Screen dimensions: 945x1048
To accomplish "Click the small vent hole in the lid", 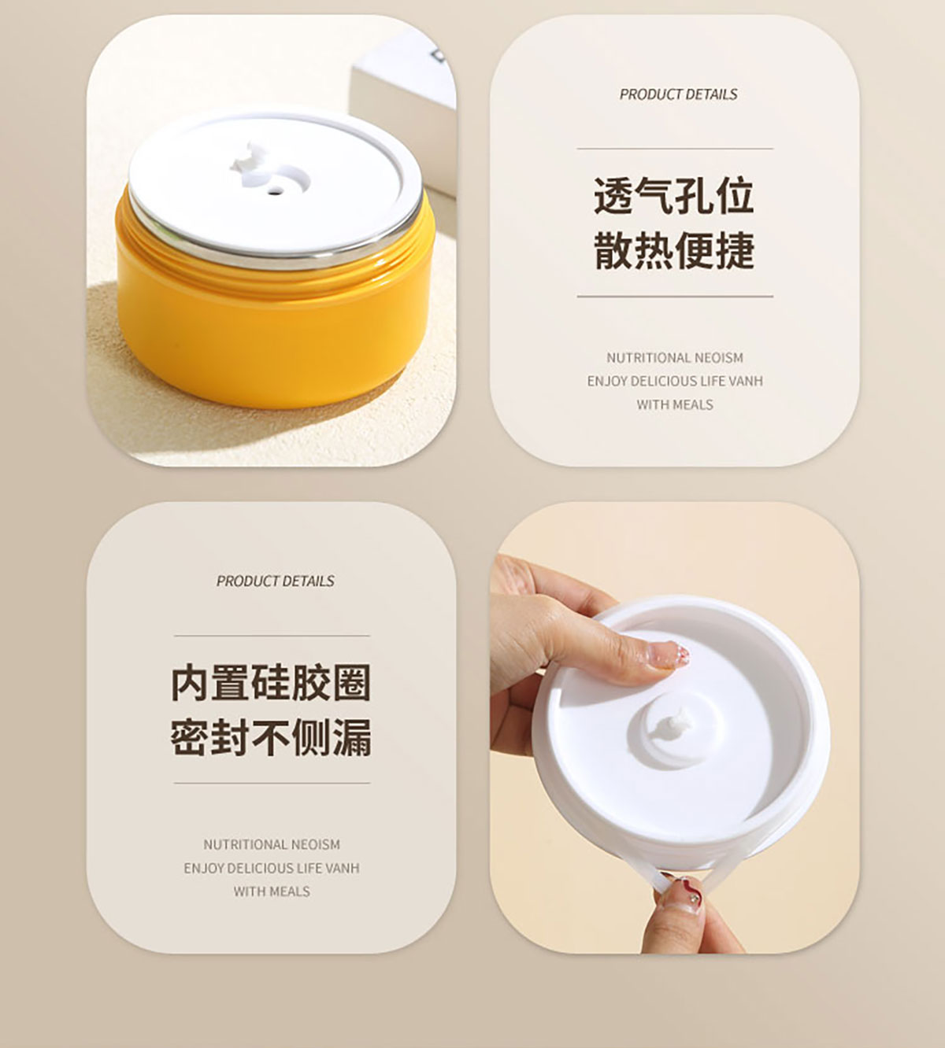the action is (273, 190).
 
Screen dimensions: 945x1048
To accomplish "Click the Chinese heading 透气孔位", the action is (674, 197).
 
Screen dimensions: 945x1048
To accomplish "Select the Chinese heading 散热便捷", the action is (674, 251).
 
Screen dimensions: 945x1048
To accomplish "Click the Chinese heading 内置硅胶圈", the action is (271, 683).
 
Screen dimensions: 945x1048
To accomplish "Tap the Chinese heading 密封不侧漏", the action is (271, 738).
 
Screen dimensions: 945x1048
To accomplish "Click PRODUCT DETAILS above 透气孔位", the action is (678, 94).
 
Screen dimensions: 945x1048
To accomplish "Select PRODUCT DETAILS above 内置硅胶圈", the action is (276, 581).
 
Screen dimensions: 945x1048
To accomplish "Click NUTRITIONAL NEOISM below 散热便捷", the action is (675, 358).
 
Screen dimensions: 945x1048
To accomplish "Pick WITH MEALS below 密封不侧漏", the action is (272, 891).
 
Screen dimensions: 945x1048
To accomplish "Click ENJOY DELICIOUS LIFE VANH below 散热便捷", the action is (675, 382).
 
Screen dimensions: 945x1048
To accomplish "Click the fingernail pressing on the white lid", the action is (671, 655).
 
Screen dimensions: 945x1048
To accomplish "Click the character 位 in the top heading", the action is (735, 197).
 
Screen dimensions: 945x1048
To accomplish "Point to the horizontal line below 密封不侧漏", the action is (272, 783).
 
